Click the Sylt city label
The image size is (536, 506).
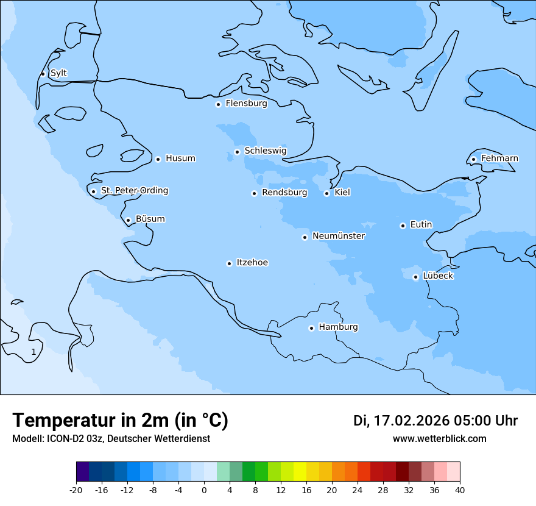click(x=58, y=73)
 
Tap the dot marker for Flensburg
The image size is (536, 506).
click(x=218, y=104)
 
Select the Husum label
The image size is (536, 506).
click(x=180, y=159)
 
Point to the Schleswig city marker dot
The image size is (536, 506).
click(x=237, y=152)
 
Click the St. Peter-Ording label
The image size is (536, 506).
click(x=135, y=191)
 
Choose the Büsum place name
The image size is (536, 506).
click(x=150, y=219)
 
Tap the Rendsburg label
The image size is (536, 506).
click(x=284, y=193)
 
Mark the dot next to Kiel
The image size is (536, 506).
click(x=326, y=193)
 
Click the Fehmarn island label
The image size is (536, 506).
click(x=499, y=159)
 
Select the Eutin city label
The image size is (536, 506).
click(x=421, y=225)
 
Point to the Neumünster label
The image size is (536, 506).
click(x=339, y=236)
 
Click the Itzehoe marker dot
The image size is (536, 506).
click(x=229, y=263)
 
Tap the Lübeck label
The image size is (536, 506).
click(x=437, y=276)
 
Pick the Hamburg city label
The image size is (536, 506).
click(x=338, y=327)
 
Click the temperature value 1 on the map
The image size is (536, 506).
click(x=33, y=352)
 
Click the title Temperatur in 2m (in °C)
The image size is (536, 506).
click(x=120, y=420)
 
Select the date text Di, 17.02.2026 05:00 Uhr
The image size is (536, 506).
click(x=435, y=421)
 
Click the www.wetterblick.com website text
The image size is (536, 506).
click(x=439, y=439)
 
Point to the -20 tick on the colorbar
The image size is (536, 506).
click(x=76, y=490)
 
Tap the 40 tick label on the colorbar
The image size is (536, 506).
click(x=459, y=490)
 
